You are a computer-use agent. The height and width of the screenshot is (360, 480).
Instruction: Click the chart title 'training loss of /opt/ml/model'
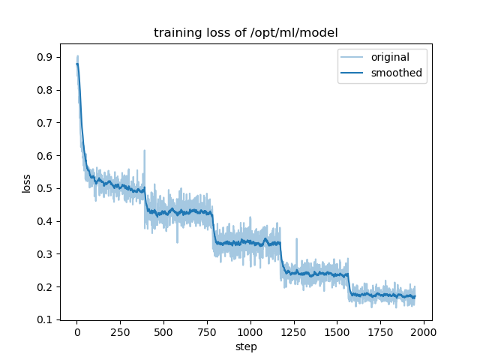coord(245,33)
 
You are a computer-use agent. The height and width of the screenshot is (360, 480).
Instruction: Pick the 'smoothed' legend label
coord(396,73)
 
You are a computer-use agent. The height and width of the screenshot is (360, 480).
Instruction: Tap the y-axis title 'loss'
coord(27,183)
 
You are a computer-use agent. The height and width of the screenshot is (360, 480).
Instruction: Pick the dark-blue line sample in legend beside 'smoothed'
coord(354,73)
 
